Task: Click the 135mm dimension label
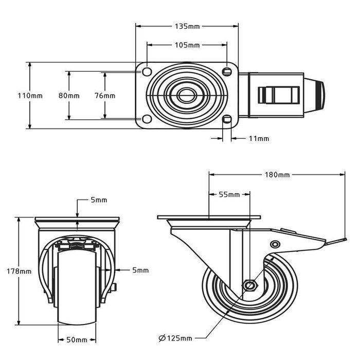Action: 187,26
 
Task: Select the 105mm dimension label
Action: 187,45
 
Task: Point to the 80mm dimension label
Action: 68,96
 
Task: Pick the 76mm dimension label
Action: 105,96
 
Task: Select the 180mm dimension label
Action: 277,175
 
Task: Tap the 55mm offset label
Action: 229,194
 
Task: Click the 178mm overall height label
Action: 19,271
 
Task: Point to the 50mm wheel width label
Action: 76,340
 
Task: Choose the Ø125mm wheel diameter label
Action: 175,338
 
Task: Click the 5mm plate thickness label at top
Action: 98,200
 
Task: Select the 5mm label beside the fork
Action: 140,269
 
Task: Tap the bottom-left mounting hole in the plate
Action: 147,119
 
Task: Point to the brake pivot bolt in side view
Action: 275,244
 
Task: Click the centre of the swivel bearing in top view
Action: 186,95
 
